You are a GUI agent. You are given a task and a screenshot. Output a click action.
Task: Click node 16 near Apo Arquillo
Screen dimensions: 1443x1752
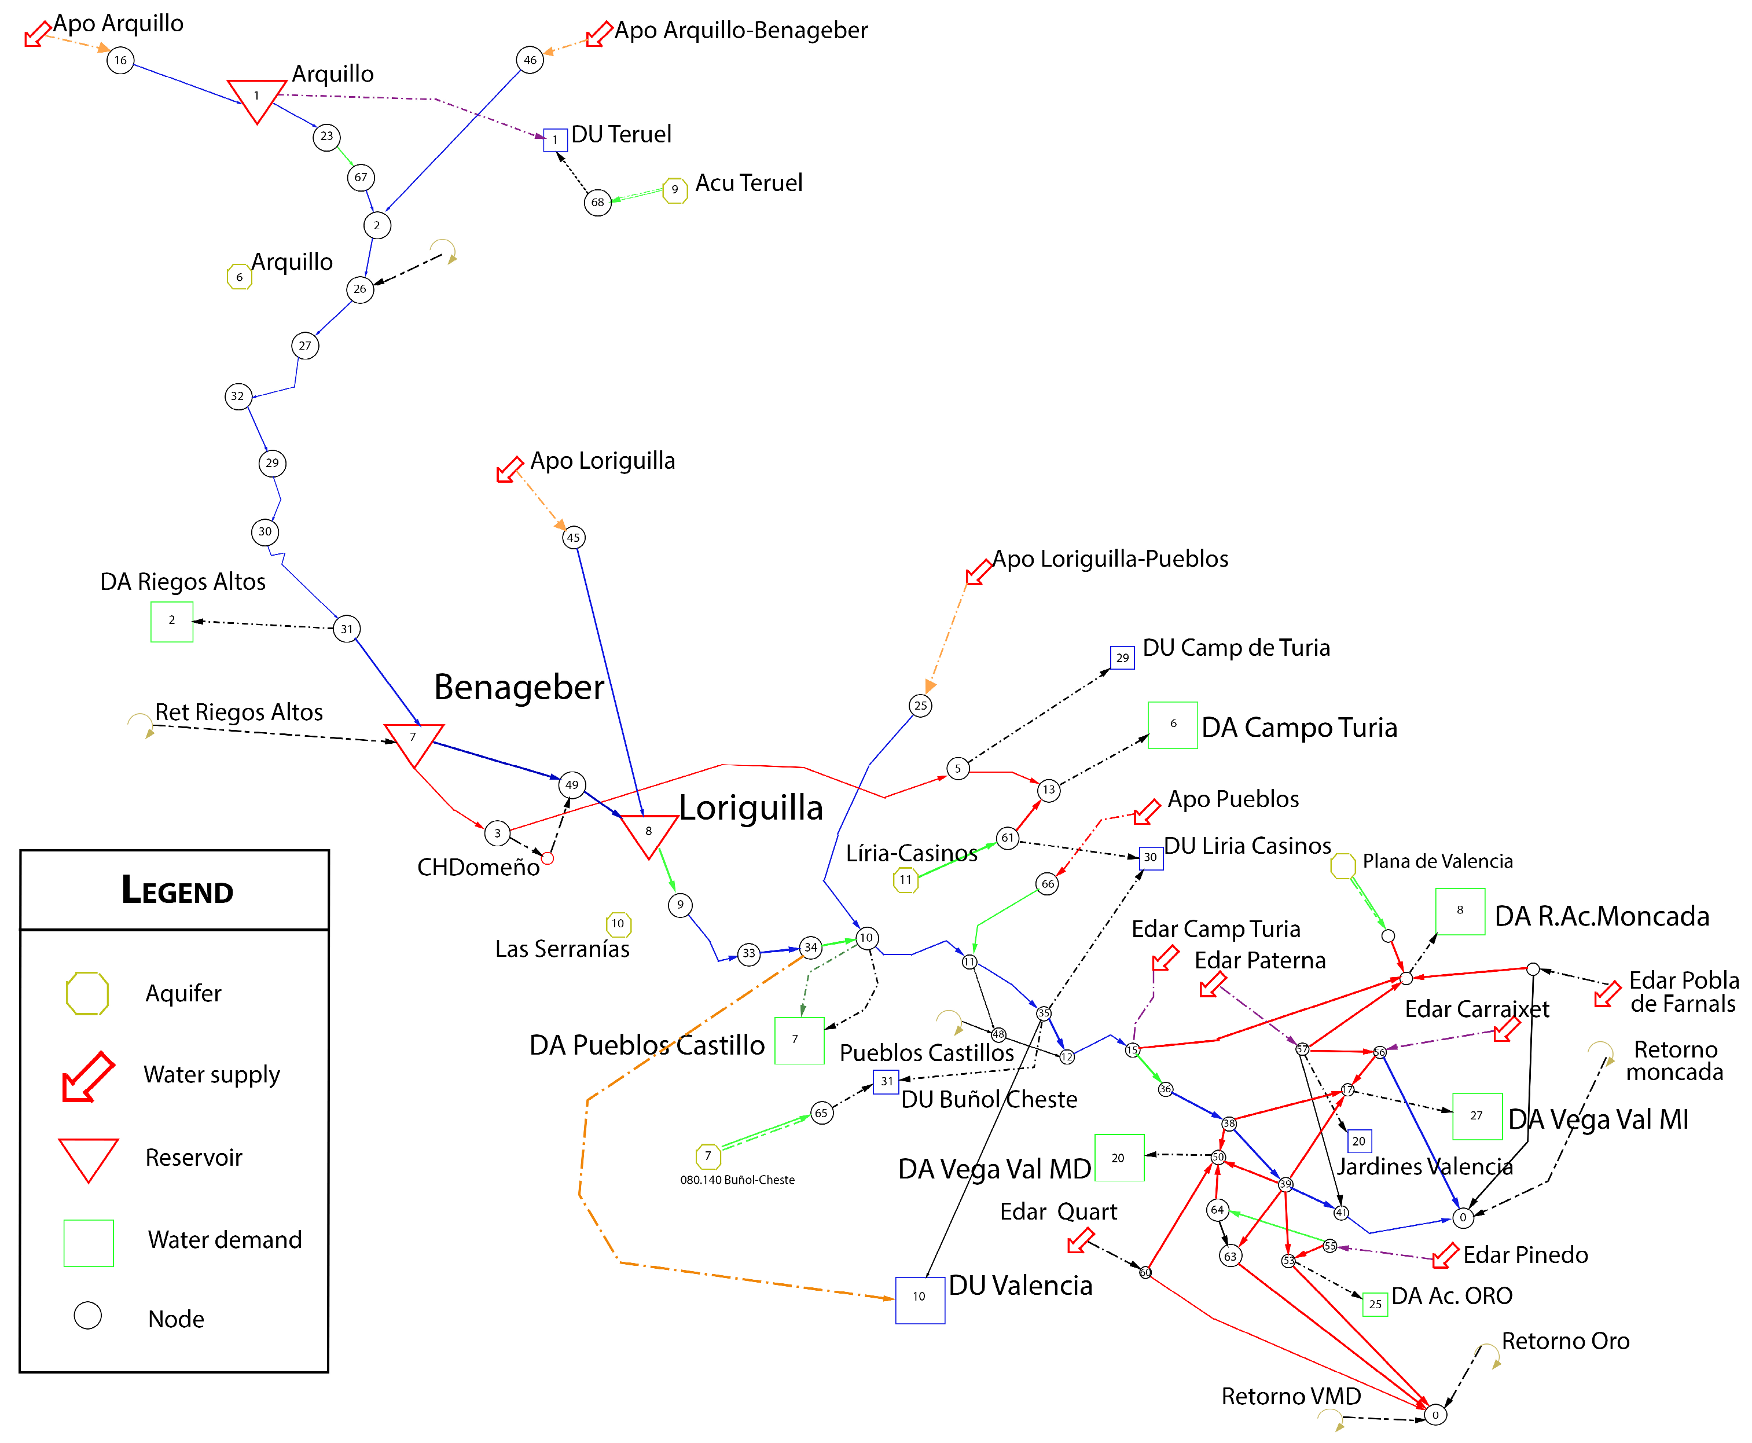pyautogui.click(x=120, y=60)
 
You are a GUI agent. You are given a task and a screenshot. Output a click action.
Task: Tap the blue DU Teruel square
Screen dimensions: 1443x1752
pyautogui.click(x=554, y=139)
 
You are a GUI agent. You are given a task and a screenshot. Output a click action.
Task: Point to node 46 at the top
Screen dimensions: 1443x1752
pyautogui.click(x=530, y=60)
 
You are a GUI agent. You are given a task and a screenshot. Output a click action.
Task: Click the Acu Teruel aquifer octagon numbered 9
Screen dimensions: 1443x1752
pyautogui.click(x=675, y=189)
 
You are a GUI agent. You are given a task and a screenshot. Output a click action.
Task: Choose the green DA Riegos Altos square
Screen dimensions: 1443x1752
pyautogui.click(x=172, y=621)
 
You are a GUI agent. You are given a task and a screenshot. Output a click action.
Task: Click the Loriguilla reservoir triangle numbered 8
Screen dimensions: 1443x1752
pyautogui.click(x=649, y=833)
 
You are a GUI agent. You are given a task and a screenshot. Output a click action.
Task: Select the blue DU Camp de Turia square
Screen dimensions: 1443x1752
pyautogui.click(x=1122, y=658)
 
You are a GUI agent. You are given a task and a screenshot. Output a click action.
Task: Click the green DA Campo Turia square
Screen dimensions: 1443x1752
pyautogui.click(x=1172, y=725)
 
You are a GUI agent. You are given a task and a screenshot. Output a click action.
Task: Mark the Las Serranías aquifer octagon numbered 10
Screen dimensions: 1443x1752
pyautogui.click(x=618, y=923)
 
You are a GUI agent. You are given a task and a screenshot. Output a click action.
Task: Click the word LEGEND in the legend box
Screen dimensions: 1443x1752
pyautogui.click(x=177, y=890)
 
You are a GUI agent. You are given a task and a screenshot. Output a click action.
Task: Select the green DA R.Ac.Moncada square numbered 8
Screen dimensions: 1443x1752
pyautogui.click(x=1460, y=911)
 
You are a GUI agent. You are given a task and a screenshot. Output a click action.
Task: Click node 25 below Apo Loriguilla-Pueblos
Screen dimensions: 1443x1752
pyautogui.click(x=920, y=706)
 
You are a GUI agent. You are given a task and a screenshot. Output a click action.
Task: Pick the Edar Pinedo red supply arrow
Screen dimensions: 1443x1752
pyautogui.click(x=1445, y=1255)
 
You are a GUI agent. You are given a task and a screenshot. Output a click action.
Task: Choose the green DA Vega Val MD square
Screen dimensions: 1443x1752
pyautogui.click(x=1119, y=1157)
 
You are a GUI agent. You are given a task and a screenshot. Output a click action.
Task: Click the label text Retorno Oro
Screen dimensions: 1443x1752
pyautogui.click(x=1565, y=1341)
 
